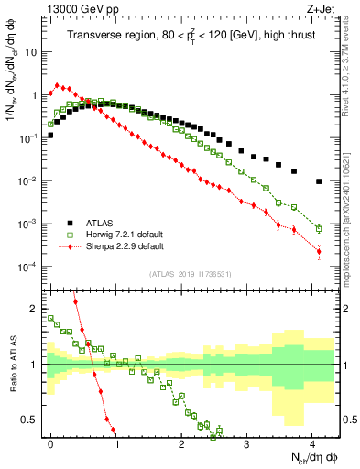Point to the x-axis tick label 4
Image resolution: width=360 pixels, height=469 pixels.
pos(311,442)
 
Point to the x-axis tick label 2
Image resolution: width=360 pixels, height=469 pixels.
pos(181,442)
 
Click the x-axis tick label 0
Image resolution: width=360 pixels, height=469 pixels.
pos(51,442)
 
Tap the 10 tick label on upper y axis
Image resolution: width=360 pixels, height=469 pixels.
pos(30,52)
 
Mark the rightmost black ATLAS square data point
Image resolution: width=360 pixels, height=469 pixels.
pos(319,181)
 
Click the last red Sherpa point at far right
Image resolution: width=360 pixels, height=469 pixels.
pos(319,251)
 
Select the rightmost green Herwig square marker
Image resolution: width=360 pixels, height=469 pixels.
pos(319,228)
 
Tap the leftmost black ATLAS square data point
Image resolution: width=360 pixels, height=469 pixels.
pos(50,135)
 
